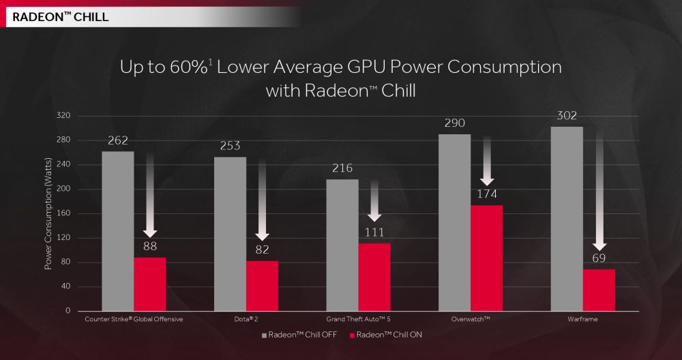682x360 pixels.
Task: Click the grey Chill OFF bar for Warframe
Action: click(567, 219)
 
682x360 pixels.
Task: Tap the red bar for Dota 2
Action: click(262, 286)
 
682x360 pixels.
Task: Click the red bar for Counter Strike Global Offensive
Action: click(149, 284)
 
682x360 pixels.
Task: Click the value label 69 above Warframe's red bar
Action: click(599, 258)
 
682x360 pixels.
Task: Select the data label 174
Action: click(486, 194)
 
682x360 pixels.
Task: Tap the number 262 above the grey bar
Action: click(118, 140)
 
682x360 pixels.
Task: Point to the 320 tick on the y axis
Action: click(63, 116)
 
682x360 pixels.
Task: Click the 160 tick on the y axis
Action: click(63, 213)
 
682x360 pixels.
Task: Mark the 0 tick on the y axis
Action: click(68, 311)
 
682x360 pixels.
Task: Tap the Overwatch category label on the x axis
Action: click(471, 318)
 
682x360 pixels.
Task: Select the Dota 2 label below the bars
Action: click(246, 318)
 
